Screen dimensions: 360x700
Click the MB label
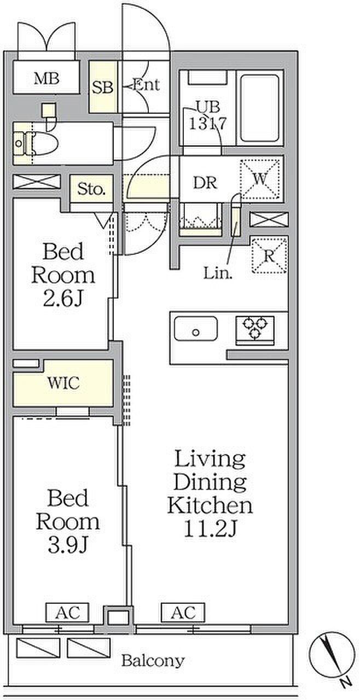[x=47, y=78]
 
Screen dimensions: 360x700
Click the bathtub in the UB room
[x=259, y=108]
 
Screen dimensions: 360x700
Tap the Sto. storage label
[x=91, y=189]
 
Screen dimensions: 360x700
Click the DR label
[x=205, y=183]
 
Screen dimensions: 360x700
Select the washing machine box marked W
[x=260, y=179]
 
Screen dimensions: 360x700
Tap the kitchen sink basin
[x=196, y=329]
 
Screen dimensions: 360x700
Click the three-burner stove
[x=256, y=330]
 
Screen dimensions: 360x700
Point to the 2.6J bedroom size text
[x=63, y=299]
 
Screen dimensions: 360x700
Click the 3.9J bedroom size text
[x=67, y=545]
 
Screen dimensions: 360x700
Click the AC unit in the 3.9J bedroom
[x=67, y=612]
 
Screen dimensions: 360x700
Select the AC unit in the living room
[x=183, y=612]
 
